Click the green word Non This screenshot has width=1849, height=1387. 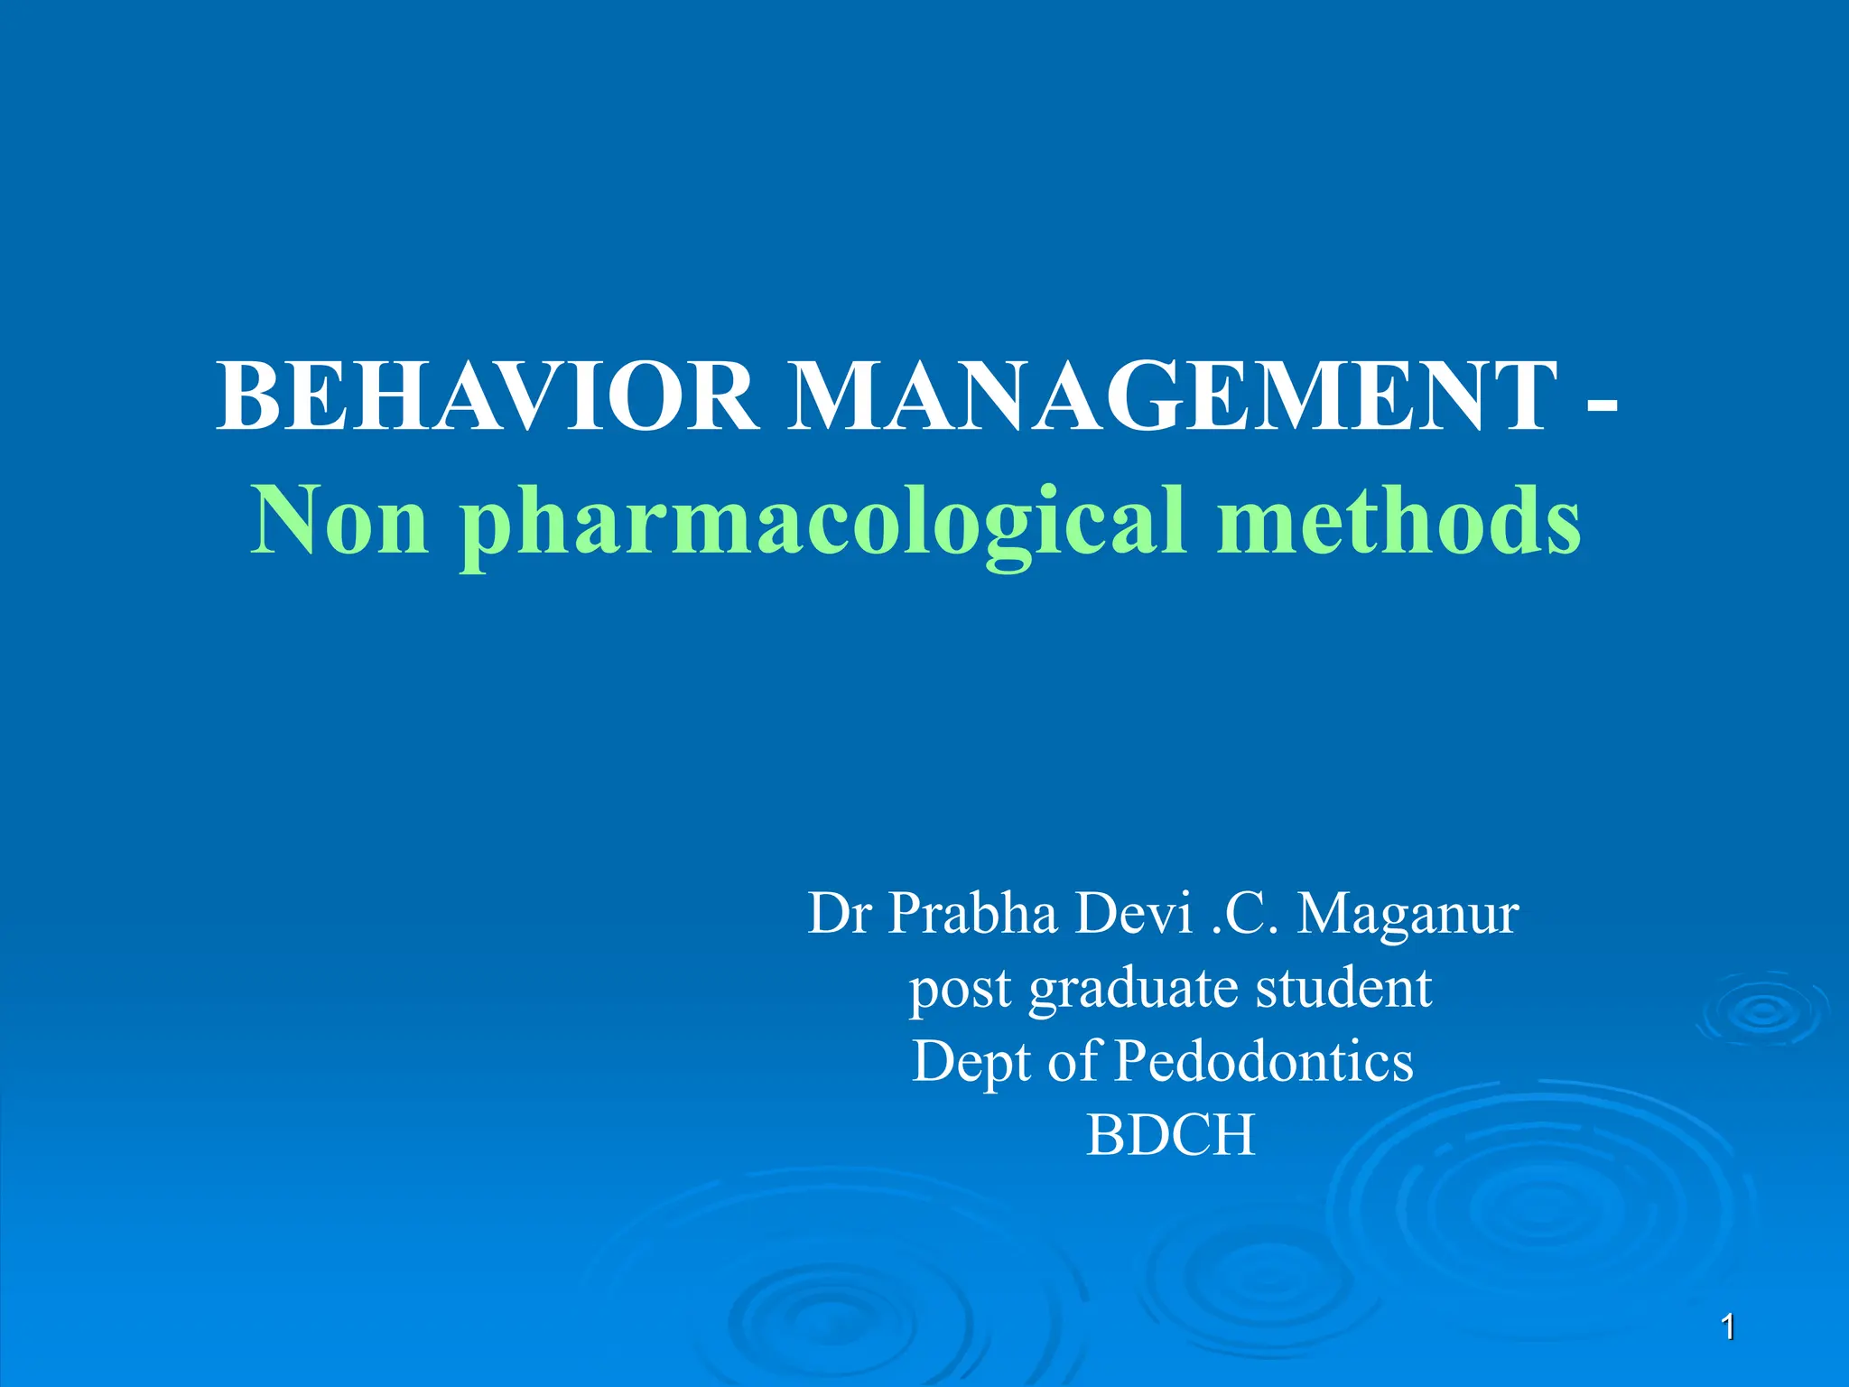[x=339, y=523]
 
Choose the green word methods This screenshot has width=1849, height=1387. [x=1398, y=523]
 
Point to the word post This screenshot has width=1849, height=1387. [x=960, y=990]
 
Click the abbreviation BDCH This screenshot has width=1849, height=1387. [x=1171, y=1135]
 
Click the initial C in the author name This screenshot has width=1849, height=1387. [x=1247, y=914]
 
